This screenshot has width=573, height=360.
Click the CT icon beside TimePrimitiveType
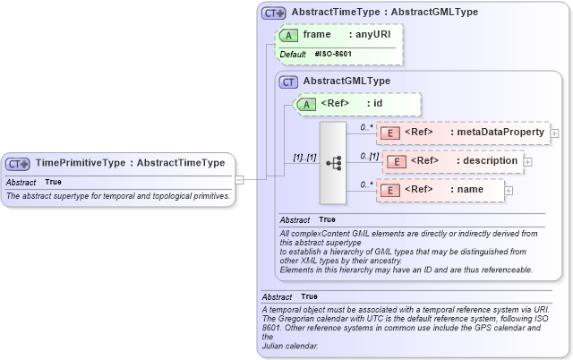[x=18, y=163]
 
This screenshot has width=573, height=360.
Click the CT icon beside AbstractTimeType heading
[x=273, y=13]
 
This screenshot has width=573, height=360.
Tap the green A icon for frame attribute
[x=288, y=35]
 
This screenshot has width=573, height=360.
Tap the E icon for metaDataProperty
[x=390, y=133]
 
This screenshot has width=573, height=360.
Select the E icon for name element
[x=390, y=190]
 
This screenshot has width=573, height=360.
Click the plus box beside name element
[x=509, y=190]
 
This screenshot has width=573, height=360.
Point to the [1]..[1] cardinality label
[x=304, y=158]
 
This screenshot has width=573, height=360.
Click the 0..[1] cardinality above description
[x=371, y=156]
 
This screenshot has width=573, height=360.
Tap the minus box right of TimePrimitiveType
[x=239, y=178]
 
